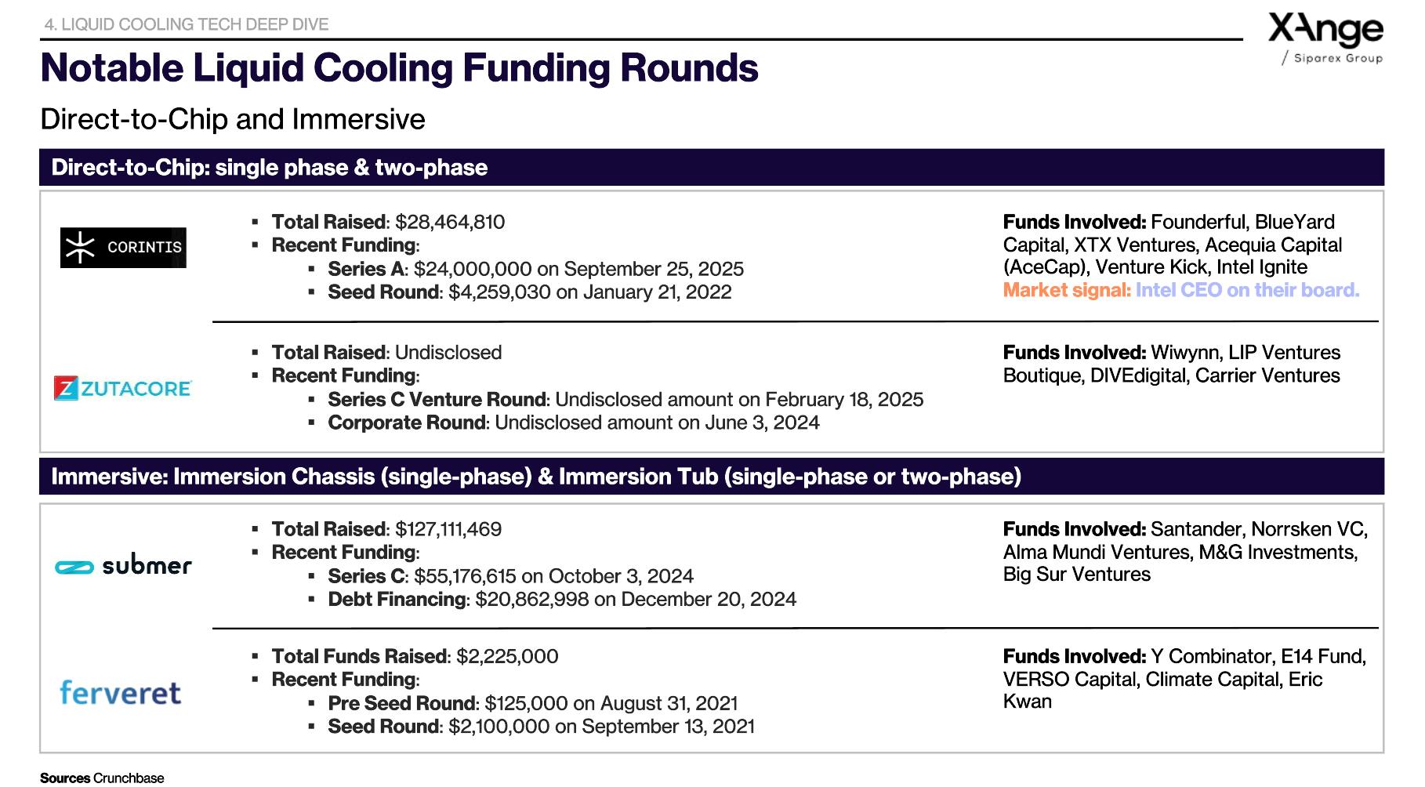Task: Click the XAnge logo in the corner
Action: coord(1325,38)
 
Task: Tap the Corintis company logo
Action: coord(123,248)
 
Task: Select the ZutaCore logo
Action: coord(123,388)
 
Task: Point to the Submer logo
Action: coord(123,565)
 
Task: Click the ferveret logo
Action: coord(121,692)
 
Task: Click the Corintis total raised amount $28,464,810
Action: coord(450,222)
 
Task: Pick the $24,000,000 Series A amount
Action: coord(473,269)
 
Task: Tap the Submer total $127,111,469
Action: coord(448,529)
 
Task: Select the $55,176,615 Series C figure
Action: coord(465,576)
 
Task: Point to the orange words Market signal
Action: coord(1067,290)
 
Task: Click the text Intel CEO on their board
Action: coord(1247,290)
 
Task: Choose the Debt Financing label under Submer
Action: coord(397,599)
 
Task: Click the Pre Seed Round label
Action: coord(401,703)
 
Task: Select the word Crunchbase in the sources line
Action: coord(129,778)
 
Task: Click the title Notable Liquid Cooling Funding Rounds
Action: coord(399,67)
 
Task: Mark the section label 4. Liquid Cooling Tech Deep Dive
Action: coord(187,24)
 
